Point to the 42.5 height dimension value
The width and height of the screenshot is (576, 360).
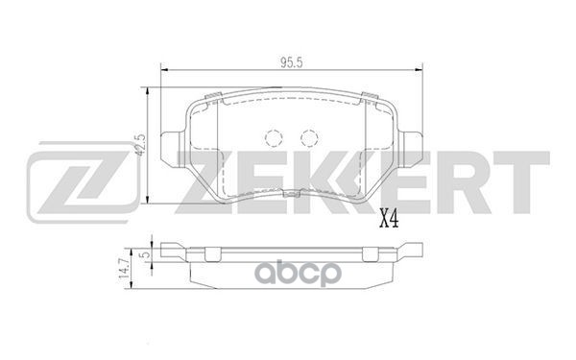[x=140, y=144]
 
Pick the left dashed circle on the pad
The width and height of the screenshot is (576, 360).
[x=274, y=137]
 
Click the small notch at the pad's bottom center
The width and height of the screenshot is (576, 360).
[x=291, y=197]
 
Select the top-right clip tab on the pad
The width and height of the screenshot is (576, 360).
[x=369, y=94]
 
